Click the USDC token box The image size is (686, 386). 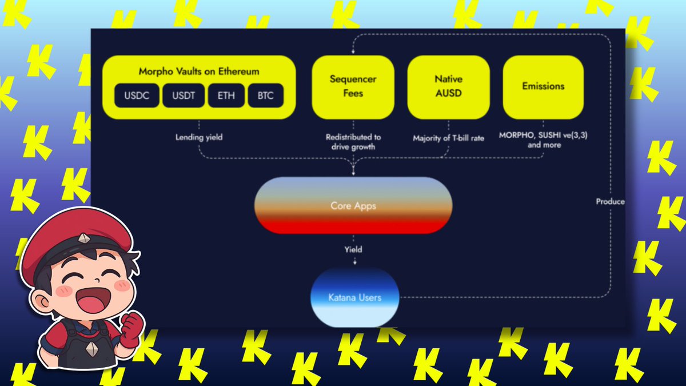point(137,95)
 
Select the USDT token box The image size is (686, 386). point(184,95)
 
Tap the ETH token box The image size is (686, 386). point(226,95)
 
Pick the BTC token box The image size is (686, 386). point(265,95)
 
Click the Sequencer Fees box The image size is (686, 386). point(353,87)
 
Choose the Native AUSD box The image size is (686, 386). point(449,87)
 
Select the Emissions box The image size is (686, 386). point(543,87)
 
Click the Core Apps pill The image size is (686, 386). point(353,205)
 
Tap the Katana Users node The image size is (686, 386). point(354,297)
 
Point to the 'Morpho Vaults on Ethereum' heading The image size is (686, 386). point(199,71)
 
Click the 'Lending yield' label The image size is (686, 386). point(199,137)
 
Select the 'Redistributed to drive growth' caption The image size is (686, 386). point(353,142)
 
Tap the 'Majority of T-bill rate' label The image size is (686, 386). point(449,138)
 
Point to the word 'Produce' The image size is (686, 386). point(611,201)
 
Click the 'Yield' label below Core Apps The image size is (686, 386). point(353,249)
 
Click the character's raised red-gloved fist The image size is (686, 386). point(132,329)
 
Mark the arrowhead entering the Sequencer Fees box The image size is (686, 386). point(353,52)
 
